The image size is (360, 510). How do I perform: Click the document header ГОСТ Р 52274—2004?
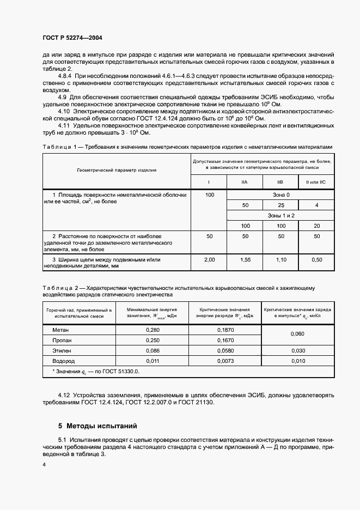pyautogui.click(x=72, y=38)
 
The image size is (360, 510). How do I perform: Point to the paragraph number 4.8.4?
pyautogui.click(x=66, y=76)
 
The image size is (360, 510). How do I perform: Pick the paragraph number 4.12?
pyautogui.click(x=66, y=394)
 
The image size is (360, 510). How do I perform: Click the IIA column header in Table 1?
pyautogui.click(x=245, y=181)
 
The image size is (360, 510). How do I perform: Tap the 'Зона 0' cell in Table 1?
pyautogui.click(x=281, y=195)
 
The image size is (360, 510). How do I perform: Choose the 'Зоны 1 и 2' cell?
pyautogui.click(x=281, y=216)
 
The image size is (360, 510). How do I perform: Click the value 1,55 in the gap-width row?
pyautogui.click(x=245, y=260)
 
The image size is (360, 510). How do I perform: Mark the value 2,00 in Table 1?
pyautogui.click(x=209, y=260)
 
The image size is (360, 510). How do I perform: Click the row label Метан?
pyautogui.click(x=60, y=330)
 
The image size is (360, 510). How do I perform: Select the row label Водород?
pyautogui.click(x=64, y=361)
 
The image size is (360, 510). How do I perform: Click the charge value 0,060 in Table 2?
pyautogui.click(x=297, y=335)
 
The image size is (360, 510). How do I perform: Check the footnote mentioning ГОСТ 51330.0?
pyautogui.click(x=95, y=371)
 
